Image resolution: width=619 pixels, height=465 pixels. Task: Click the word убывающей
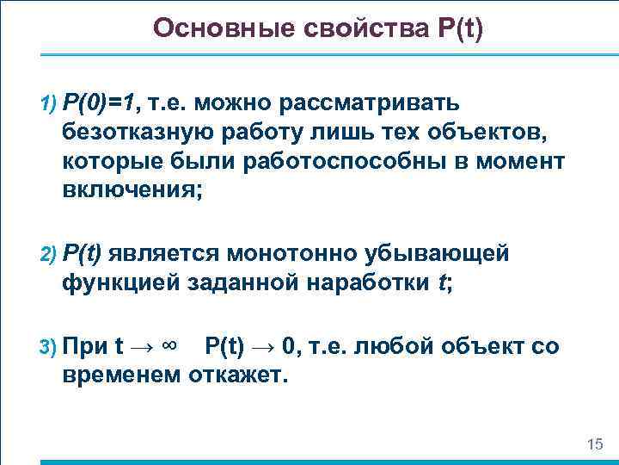pos(451,252)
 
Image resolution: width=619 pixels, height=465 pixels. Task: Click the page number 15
pos(593,443)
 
